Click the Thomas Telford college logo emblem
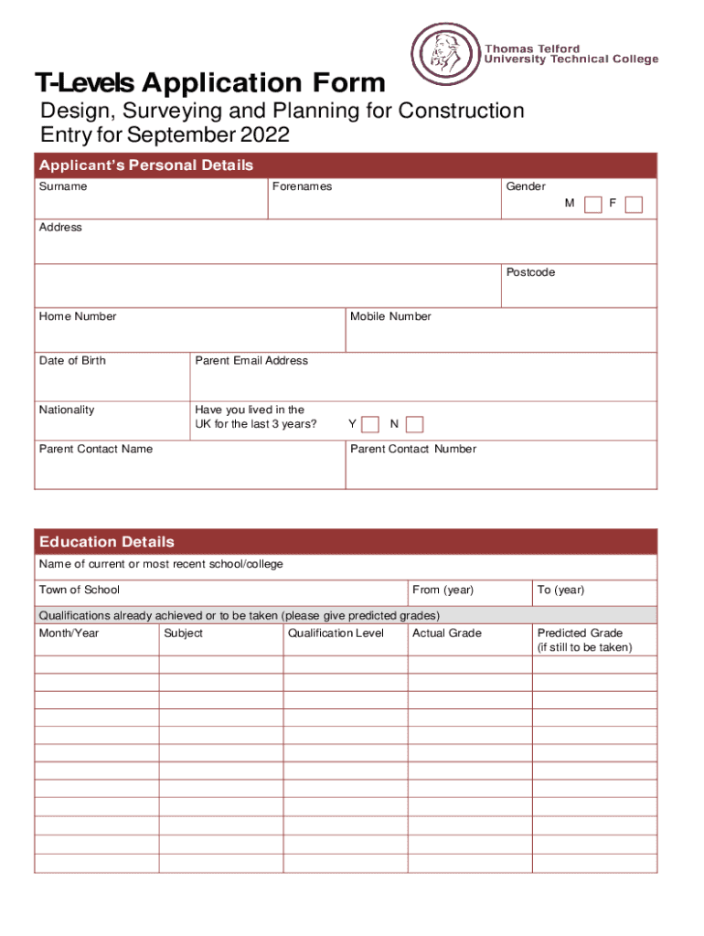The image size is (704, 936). pyautogui.click(x=443, y=54)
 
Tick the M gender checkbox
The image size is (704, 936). pyautogui.click(x=593, y=204)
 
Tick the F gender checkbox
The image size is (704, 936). pyautogui.click(x=634, y=204)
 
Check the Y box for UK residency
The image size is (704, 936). pyautogui.click(x=370, y=424)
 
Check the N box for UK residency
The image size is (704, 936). pyautogui.click(x=414, y=424)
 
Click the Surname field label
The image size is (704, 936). pyautogui.click(x=63, y=186)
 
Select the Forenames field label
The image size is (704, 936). pyautogui.click(x=302, y=186)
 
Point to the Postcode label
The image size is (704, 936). pyautogui.click(x=530, y=272)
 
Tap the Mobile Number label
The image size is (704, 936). pyautogui.click(x=390, y=316)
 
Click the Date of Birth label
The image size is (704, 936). pyautogui.click(x=72, y=360)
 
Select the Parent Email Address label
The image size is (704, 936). pyautogui.click(x=251, y=360)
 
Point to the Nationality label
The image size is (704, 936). pyautogui.click(x=67, y=409)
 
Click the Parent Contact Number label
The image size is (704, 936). pyautogui.click(x=413, y=449)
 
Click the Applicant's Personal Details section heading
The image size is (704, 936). pyautogui.click(x=146, y=165)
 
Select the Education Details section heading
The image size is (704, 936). pyautogui.click(x=107, y=542)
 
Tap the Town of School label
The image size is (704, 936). pyautogui.click(x=80, y=590)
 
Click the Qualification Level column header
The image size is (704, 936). pyautogui.click(x=336, y=633)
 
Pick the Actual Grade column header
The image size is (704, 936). pyautogui.click(x=447, y=633)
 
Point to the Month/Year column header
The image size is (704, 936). pyautogui.click(x=69, y=633)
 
